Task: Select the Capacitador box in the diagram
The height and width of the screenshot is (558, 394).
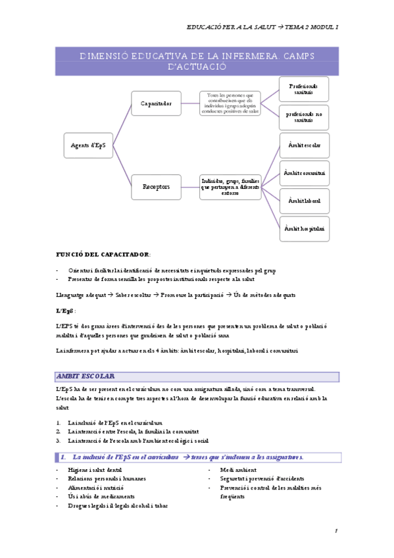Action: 157,103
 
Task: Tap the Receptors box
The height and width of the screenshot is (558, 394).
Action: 157,187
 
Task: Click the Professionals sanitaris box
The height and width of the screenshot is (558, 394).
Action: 303,89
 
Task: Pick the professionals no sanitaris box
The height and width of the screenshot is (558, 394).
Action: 303,117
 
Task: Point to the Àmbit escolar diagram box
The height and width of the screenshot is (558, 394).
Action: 303,145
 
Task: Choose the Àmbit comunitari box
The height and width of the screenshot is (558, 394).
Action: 303,173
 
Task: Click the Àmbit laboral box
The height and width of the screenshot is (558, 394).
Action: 303,200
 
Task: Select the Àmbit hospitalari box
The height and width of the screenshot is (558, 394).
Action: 303,228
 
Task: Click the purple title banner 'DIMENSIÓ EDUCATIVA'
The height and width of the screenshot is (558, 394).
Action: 197,61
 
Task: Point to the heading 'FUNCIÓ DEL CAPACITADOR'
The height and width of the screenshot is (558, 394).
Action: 103,254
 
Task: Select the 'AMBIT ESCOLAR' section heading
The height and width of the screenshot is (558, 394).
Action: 86,376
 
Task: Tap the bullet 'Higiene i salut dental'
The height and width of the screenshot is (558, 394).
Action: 95,470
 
